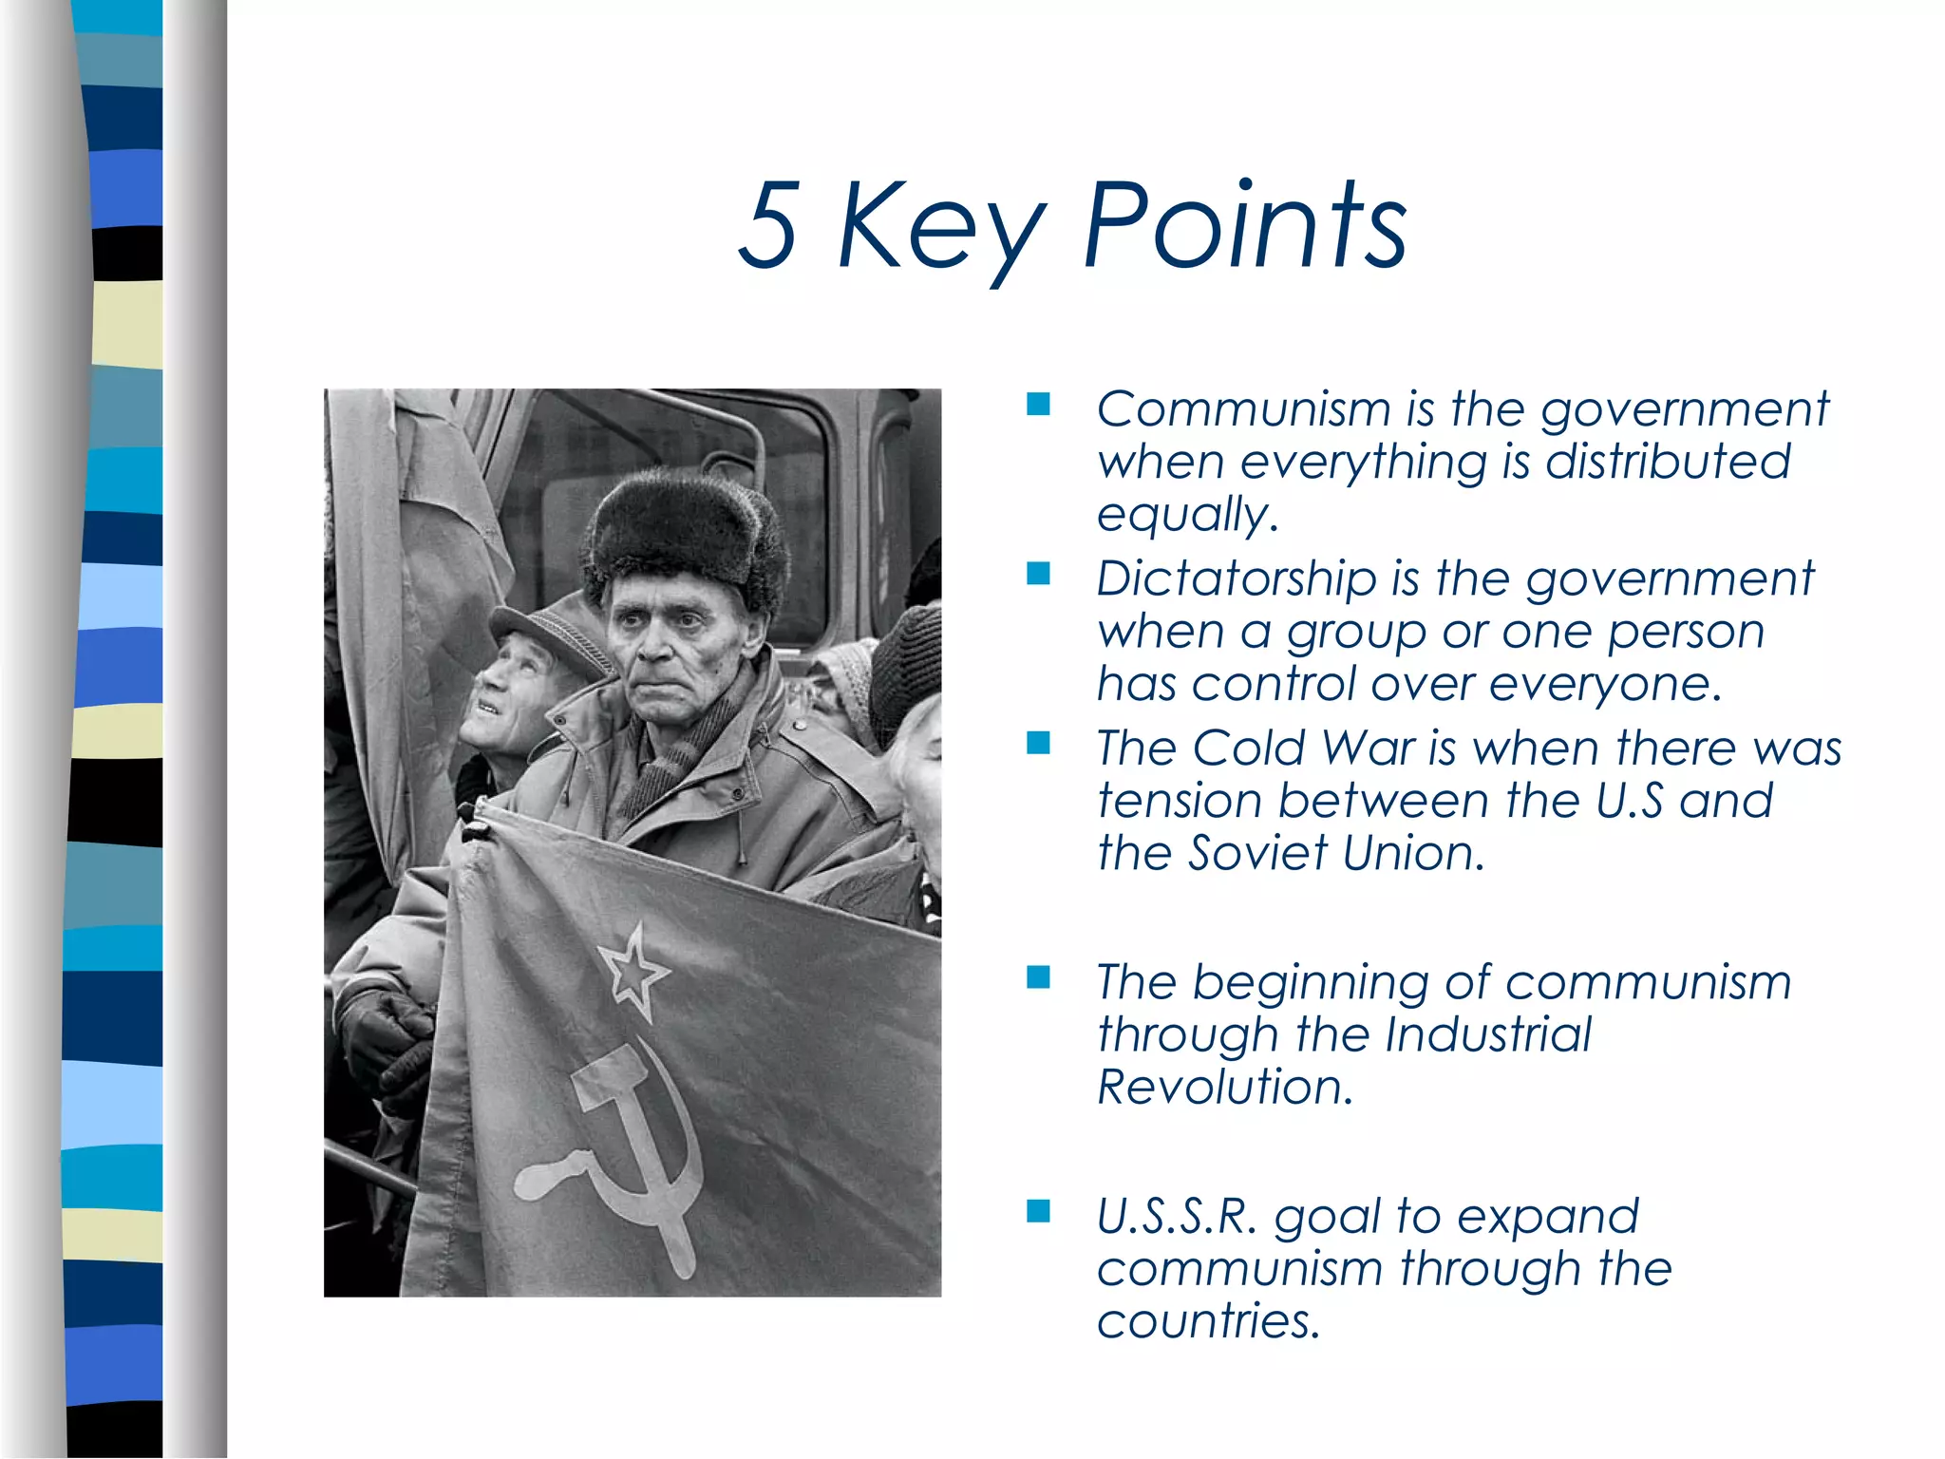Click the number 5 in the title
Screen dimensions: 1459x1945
click(767, 224)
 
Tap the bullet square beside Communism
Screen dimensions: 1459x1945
click(1038, 406)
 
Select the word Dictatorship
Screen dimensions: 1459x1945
click(1236, 578)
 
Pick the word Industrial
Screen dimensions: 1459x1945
click(1487, 1033)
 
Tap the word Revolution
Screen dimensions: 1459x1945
click(1222, 1086)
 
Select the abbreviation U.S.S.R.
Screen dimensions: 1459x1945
click(1176, 1216)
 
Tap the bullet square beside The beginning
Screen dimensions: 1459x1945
click(1038, 977)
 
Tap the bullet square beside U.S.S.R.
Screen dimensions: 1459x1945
click(1038, 1211)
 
